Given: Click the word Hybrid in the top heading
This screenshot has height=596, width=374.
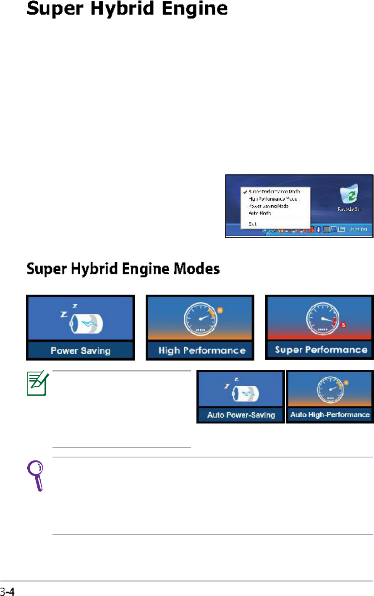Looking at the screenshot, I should pyautogui.click(x=131, y=9).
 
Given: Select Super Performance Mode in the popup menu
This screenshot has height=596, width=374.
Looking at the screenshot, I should pyautogui.click(x=274, y=191).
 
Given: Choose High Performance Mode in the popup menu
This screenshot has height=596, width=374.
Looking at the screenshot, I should pyautogui.click(x=272, y=199).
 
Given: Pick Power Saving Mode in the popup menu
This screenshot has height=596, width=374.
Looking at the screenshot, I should pyautogui.click(x=268, y=206).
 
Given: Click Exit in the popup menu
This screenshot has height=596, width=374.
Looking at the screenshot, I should pyautogui.click(x=252, y=224).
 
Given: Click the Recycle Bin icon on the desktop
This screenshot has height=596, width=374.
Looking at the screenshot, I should pyautogui.click(x=349, y=196).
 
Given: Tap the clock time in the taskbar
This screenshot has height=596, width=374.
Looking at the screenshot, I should pyautogui.click(x=358, y=230).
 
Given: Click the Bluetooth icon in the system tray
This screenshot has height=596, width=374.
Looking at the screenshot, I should pyautogui.click(x=319, y=230).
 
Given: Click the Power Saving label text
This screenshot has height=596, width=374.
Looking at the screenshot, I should pyautogui.click(x=80, y=350).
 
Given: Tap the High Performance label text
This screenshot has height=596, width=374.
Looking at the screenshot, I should pyautogui.click(x=201, y=350).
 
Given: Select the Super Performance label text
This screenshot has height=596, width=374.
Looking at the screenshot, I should pyautogui.click(x=321, y=350).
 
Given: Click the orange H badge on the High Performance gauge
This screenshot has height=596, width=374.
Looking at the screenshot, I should pyautogui.click(x=219, y=311).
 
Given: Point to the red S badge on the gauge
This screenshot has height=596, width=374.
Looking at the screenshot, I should pyautogui.click(x=343, y=324).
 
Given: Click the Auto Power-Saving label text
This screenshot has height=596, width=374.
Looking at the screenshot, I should pyautogui.click(x=241, y=415).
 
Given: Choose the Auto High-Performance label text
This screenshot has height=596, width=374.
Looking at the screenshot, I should pyautogui.click(x=330, y=415).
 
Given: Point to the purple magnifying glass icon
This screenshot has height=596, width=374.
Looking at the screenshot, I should pyautogui.click(x=36, y=475).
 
